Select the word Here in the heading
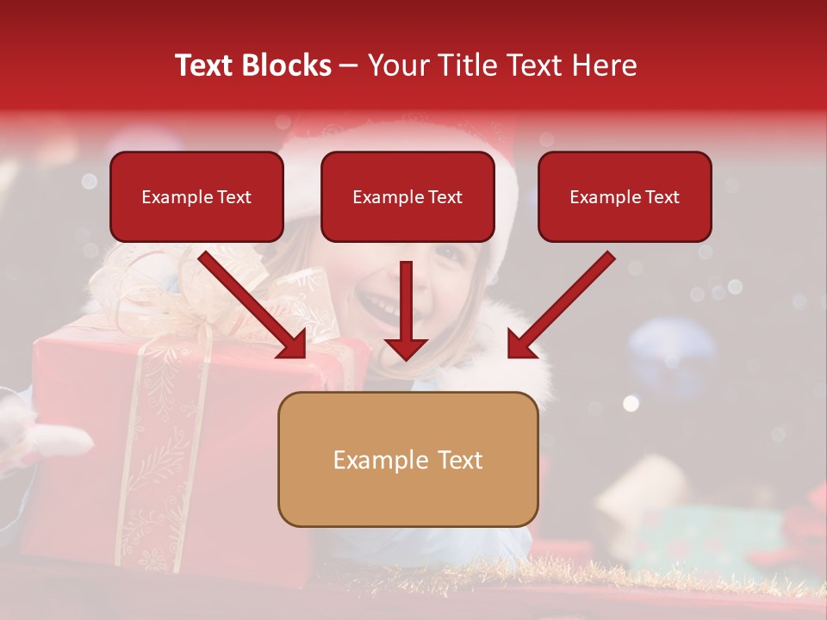point(605,65)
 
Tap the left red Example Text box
point(196,197)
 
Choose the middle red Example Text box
point(407,197)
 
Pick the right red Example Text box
point(625,197)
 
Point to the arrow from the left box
point(254,306)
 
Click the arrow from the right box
point(560,306)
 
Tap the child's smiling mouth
point(379,301)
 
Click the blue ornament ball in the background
point(671,353)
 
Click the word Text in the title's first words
point(203,65)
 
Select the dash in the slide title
point(349,66)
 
